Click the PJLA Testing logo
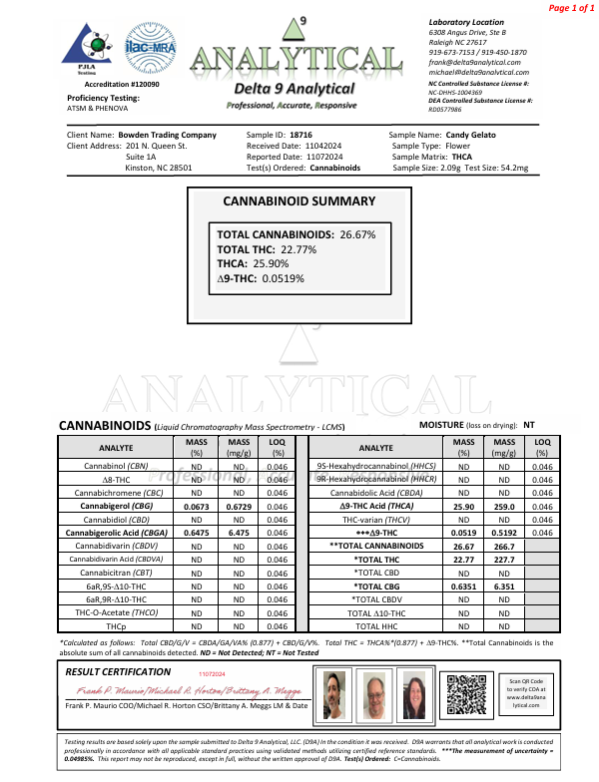[91, 47]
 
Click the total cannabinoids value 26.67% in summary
[357, 234]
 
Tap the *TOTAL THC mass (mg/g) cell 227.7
[503, 560]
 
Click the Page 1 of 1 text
[570, 8]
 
